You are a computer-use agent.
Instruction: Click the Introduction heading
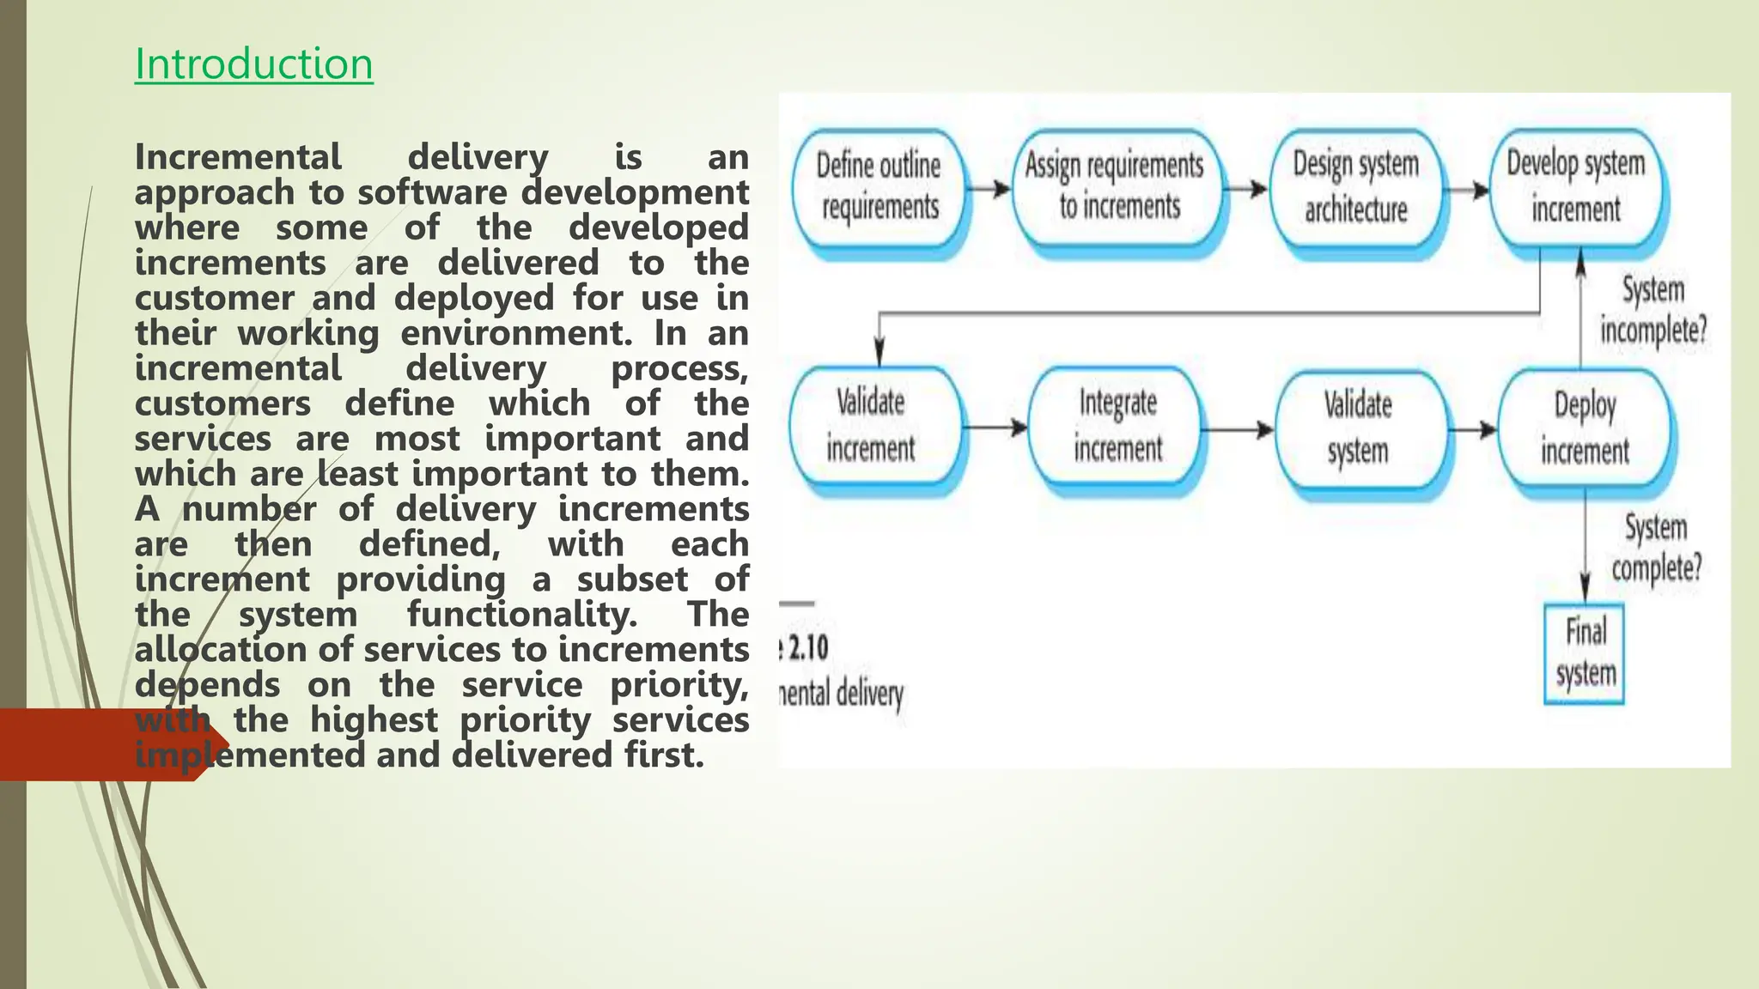tap(253, 64)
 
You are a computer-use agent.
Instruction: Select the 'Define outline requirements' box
tap(878, 186)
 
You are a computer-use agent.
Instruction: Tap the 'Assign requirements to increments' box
tap(1116, 186)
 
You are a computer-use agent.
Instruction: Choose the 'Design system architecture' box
tap(1356, 186)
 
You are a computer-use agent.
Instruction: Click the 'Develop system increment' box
tap(1576, 186)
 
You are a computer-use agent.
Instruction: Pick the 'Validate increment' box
tap(872, 426)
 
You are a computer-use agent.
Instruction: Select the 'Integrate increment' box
tap(1117, 426)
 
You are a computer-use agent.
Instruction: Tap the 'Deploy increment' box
tap(1585, 428)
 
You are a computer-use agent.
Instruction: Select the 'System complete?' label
tap(1656, 548)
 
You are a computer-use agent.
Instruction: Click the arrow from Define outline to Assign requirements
tap(989, 188)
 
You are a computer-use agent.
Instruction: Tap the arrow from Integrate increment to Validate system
tap(1238, 428)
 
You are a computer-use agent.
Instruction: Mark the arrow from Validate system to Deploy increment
tap(1474, 428)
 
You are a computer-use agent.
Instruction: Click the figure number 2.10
tap(808, 647)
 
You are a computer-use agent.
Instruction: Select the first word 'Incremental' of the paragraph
tap(238, 157)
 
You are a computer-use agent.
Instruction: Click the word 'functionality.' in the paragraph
tap(521, 615)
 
